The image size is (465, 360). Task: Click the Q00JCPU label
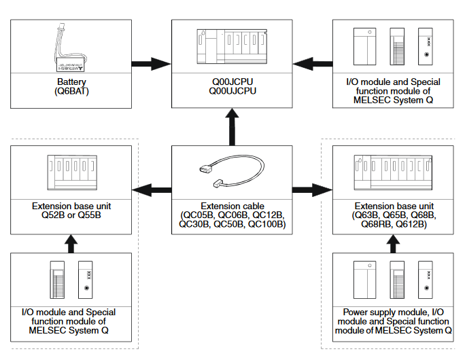coord(231,82)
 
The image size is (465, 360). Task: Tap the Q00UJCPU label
coord(231,91)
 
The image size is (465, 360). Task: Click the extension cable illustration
coord(232,173)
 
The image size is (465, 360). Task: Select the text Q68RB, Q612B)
coord(393,224)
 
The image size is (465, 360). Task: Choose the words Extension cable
coord(231,205)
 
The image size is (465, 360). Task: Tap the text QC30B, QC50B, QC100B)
coord(231,224)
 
